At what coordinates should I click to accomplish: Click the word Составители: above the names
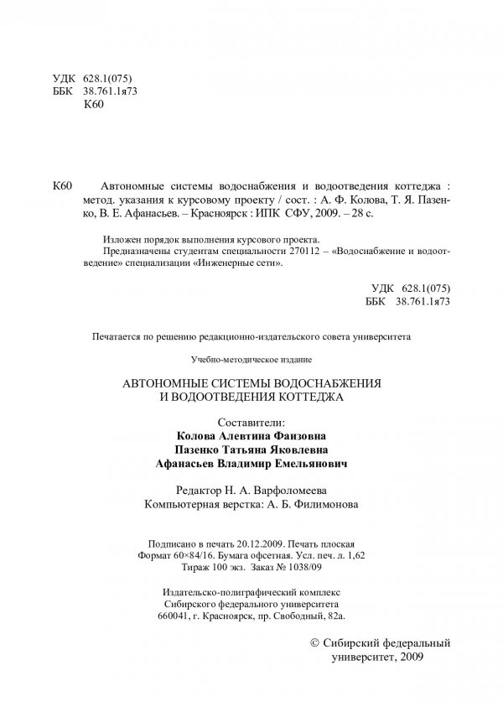(x=251, y=422)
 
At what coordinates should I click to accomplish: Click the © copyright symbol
(x=315, y=642)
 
